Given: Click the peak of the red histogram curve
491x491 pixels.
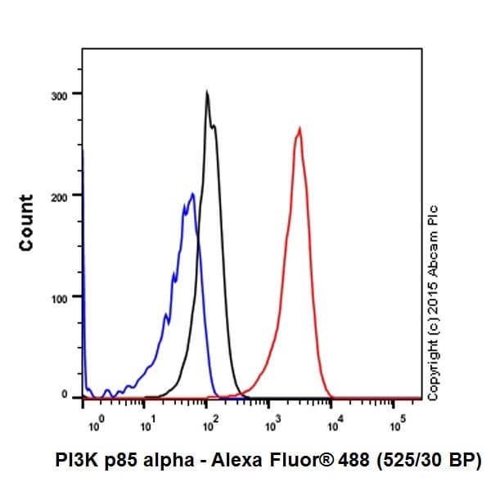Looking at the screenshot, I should pyautogui.click(x=300, y=128).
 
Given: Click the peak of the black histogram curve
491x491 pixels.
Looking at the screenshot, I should pyautogui.click(x=207, y=92).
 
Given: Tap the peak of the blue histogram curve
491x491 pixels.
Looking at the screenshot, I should pyautogui.click(x=192, y=194).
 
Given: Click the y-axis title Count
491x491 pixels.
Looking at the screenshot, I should pyautogui.click(x=26, y=223).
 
